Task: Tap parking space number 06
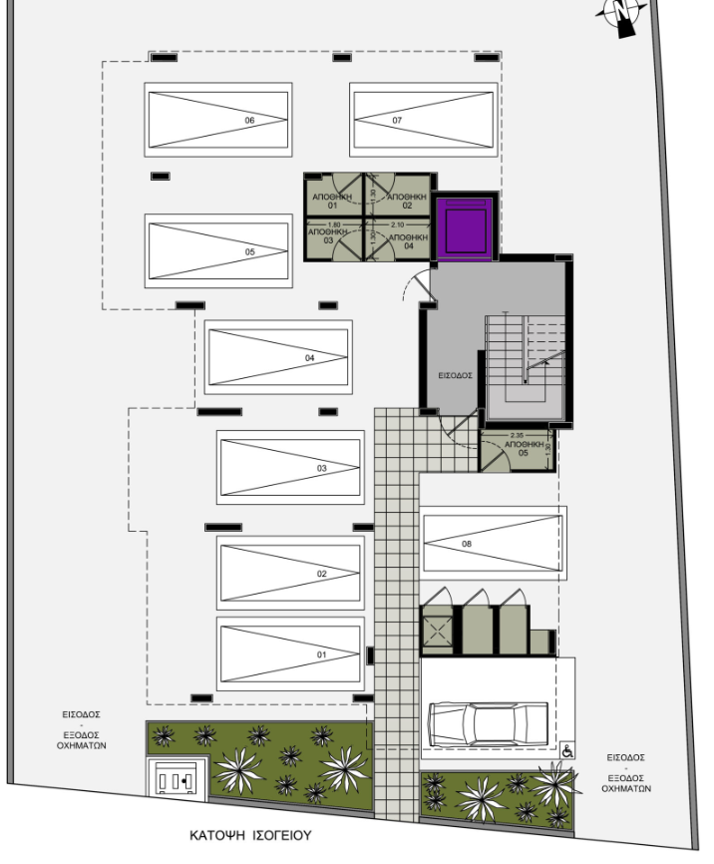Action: (x=218, y=120)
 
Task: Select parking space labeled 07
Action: (x=423, y=120)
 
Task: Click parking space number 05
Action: (x=218, y=251)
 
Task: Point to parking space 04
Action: (x=278, y=356)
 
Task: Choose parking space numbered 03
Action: (x=290, y=467)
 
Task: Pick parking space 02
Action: (x=290, y=573)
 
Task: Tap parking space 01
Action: (x=290, y=653)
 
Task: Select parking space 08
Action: (x=493, y=543)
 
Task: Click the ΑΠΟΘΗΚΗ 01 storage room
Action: (x=333, y=199)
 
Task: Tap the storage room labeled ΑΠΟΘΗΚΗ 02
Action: (x=403, y=199)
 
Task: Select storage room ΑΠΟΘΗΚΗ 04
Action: (x=403, y=240)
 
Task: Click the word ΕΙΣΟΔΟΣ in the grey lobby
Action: (x=455, y=376)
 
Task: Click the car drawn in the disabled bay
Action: (x=488, y=719)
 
